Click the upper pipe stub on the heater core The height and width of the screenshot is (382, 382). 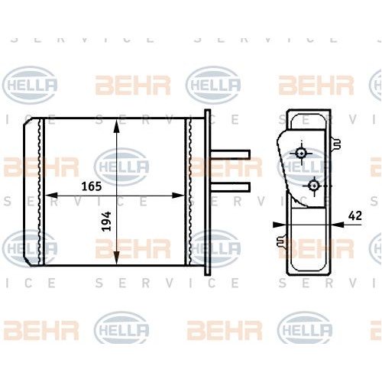click(x=231, y=154)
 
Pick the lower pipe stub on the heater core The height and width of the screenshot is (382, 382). click(x=231, y=186)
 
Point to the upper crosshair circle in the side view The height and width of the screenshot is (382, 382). click(x=303, y=153)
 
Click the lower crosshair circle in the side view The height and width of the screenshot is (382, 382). click(x=314, y=184)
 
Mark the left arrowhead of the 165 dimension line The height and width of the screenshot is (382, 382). click(x=50, y=196)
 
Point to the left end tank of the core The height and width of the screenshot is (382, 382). click(x=34, y=193)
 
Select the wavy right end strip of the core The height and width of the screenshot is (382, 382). click(x=189, y=193)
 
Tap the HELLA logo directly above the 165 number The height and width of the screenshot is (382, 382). click(x=121, y=166)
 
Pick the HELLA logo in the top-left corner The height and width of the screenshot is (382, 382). click(x=30, y=83)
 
